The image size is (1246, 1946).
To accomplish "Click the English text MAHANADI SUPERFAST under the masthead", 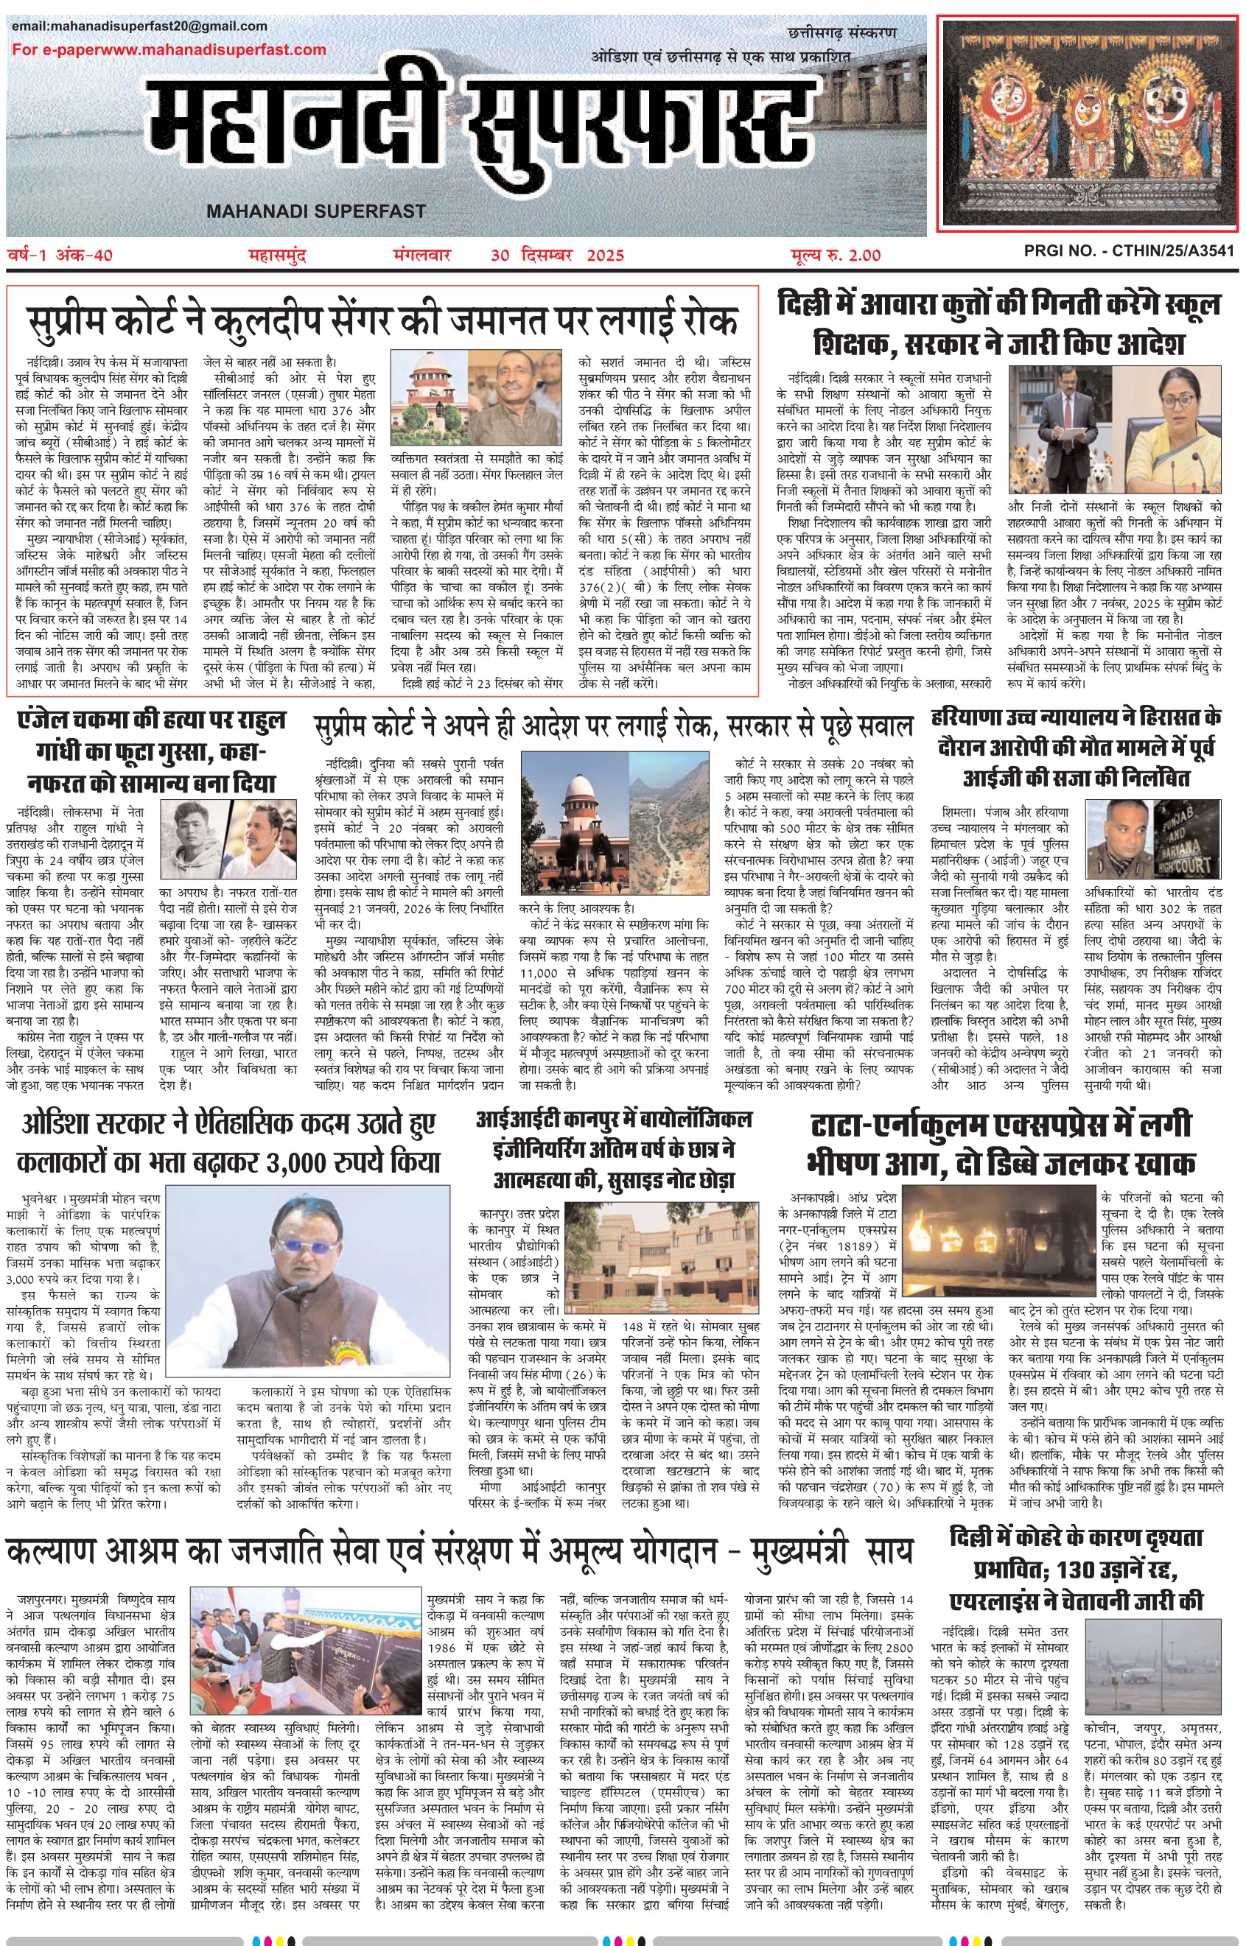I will (315, 211).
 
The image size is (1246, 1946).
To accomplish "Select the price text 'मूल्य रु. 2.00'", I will (835, 256).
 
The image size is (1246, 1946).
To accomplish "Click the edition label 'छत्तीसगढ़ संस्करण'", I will (841, 33).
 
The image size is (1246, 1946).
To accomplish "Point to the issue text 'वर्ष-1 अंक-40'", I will (60, 256).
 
